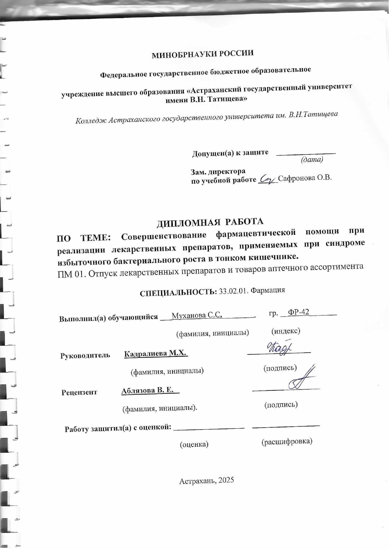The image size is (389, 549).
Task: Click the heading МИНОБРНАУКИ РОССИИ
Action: click(x=203, y=54)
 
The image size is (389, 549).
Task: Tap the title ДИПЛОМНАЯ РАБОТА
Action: click(x=210, y=222)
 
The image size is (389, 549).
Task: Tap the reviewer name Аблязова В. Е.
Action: click(x=148, y=390)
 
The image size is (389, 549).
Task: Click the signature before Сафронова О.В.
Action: click(x=267, y=179)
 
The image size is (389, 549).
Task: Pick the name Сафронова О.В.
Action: click(x=305, y=178)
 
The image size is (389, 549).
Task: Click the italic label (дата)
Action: click(x=312, y=160)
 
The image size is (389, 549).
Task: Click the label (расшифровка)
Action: click(x=287, y=441)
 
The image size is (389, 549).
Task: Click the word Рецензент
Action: click(x=79, y=392)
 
